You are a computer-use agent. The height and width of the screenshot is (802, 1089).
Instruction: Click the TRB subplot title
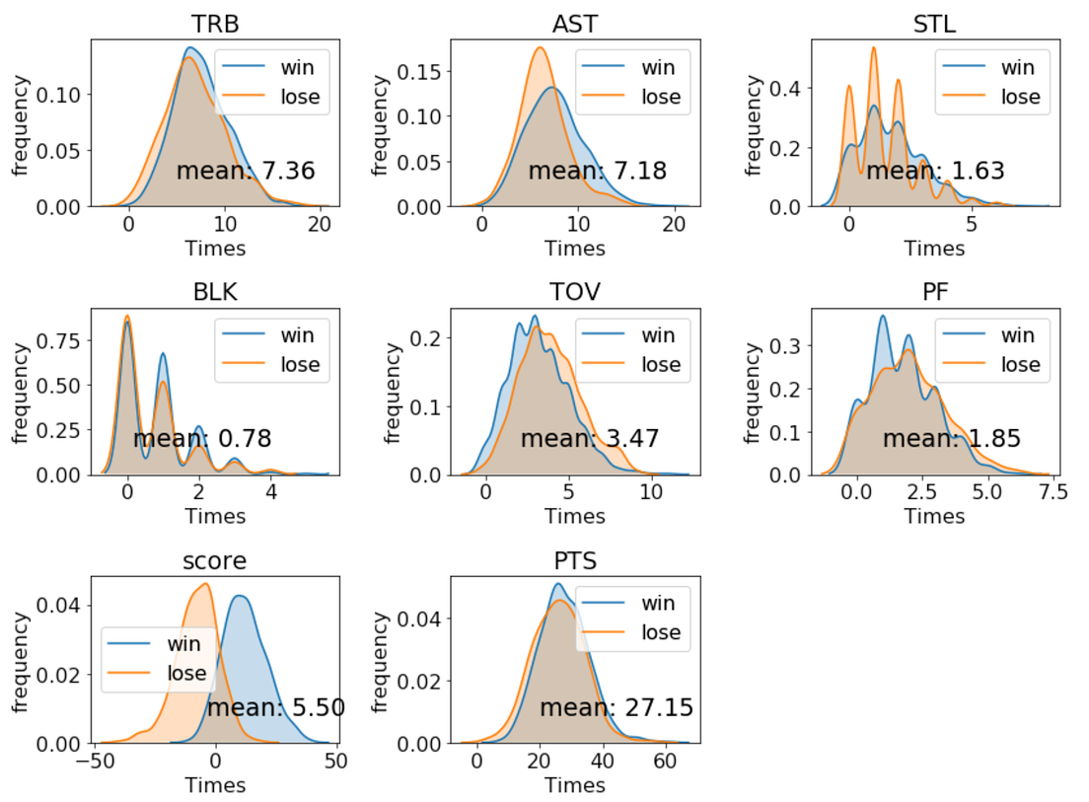click(x=215, y=23)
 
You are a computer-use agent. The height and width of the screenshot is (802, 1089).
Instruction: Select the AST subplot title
click(x=575, y=23)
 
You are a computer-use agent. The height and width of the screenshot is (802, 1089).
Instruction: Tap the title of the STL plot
click(x=935, y=23)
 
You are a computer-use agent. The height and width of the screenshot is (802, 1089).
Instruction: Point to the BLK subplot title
click(x=215, y=291)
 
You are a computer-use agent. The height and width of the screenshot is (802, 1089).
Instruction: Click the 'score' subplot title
click(x=215, y=560)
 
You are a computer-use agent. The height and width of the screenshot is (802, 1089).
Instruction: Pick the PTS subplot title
click(x=575, y=560)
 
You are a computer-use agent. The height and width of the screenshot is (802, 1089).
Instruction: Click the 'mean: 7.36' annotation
click(x=246, y=171)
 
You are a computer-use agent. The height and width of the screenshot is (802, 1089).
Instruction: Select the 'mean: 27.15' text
click(x=616, y=707)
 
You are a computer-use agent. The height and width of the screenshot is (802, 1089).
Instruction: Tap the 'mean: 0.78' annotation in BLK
click(x=202, y=439)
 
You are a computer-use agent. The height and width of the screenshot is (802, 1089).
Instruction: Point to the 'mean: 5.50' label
click(x=275, y=707)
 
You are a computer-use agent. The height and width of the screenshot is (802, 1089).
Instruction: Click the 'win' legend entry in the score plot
click(x=182, y=644)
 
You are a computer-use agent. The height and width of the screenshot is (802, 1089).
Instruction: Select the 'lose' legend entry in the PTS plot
click(x=661, y=632)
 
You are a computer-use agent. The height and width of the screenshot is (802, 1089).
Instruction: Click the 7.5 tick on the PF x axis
click(x=1048, y=491)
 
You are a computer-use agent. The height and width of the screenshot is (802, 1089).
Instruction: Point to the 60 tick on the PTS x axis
click(x=666, y=761)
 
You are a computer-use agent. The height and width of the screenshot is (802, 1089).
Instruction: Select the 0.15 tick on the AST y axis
click(x=422, y=72)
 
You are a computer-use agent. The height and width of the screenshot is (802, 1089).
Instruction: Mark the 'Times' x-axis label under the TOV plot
click(x=575, y=516)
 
